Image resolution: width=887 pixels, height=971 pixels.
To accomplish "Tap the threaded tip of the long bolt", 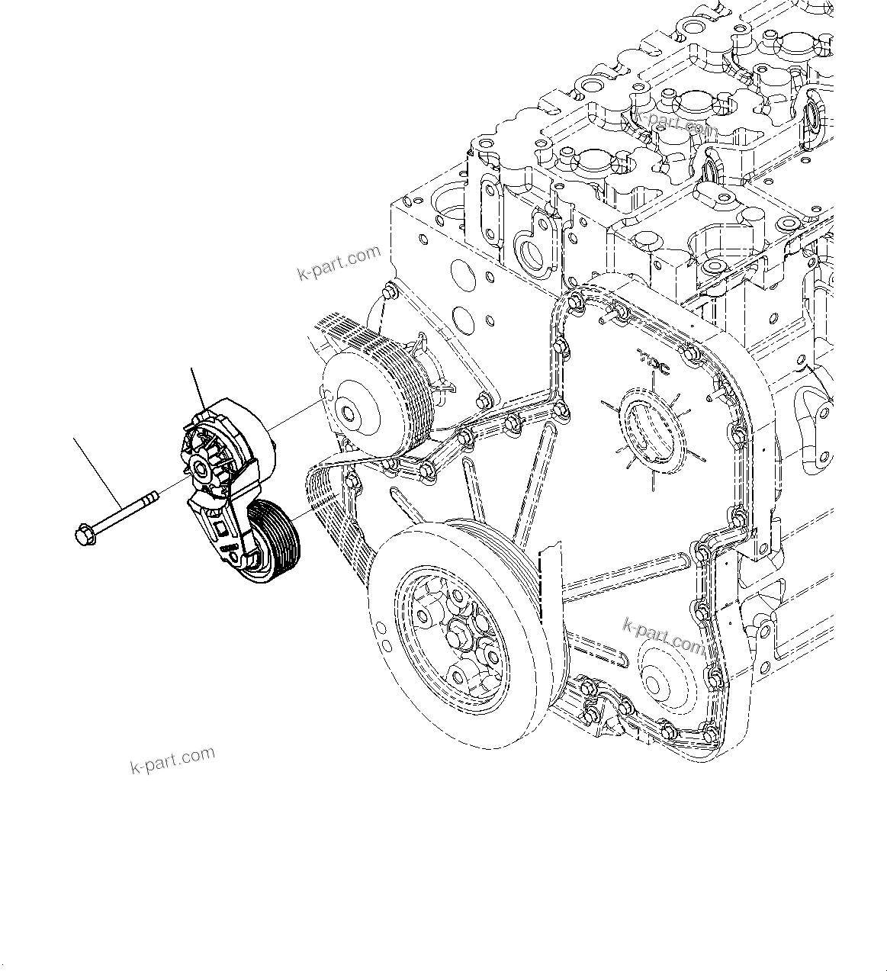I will [x=153, y=497].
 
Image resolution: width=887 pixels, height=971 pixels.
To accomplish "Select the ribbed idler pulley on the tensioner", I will [x=275, y=541].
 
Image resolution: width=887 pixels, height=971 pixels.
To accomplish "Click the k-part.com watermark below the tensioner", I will [x=172, y=760].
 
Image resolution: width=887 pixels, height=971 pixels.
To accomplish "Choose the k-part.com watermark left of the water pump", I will [x=339, y=263].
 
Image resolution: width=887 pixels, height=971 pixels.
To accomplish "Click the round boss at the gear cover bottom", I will [x=657, y=676].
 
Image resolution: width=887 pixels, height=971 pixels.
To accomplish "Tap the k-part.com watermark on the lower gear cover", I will [x=664, y=635].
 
